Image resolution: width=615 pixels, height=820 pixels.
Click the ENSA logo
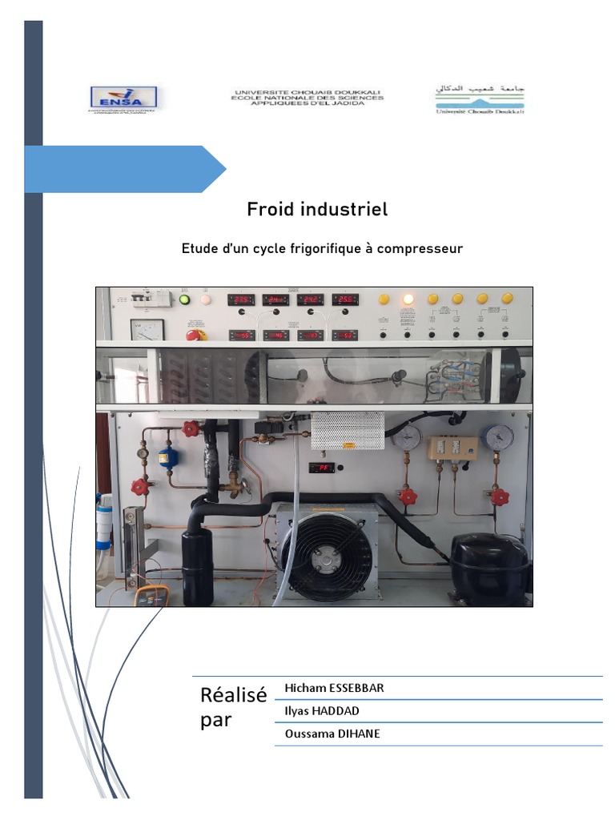click(x=124, y=98)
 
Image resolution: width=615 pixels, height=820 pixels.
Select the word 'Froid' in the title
click(x=271, y=210)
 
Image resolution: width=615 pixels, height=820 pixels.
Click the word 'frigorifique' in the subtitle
click(x=319, y=249)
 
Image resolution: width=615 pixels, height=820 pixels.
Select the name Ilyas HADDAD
click(x=321, y=710)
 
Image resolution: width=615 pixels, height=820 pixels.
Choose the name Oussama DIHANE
click(x=332, y=733)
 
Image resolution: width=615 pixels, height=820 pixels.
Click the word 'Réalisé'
click(x=233, y=695)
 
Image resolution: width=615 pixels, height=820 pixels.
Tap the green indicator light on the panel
click(x=185, y=299)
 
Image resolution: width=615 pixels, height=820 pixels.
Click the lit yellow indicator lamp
click(x=408, y=299)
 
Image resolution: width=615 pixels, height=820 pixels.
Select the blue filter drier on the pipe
click(x=167, y=456)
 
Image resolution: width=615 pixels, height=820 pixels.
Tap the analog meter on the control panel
click(x=147, y=328)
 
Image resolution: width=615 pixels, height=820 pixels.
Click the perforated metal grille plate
click(x=348, y=430)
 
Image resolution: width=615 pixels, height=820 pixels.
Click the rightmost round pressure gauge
click(x=499, y=436)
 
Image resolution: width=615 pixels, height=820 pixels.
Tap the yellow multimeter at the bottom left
click(x=151, y=596)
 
